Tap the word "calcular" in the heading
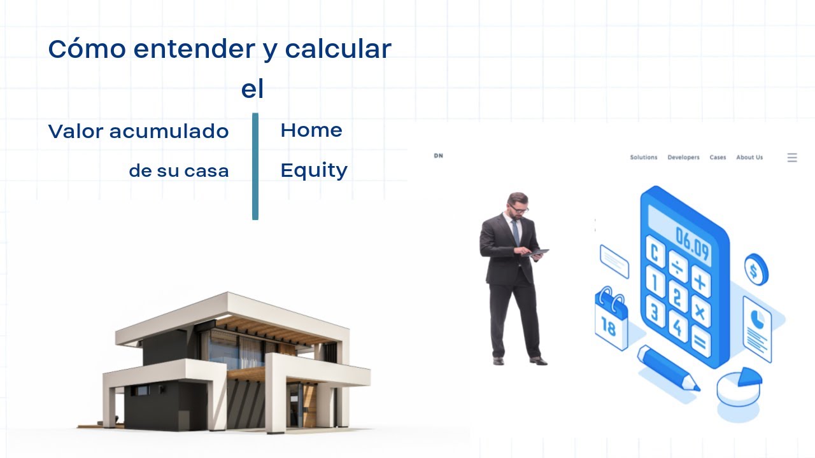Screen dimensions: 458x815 (337, 49)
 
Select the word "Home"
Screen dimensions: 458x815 (311, 130)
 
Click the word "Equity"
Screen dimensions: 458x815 (314, 170)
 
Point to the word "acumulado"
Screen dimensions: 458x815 (169, 132)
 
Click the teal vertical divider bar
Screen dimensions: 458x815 (255, 167)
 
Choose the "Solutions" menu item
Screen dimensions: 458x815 (643, 157)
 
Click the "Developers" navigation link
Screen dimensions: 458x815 (683, 157)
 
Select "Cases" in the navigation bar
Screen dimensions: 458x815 (718, 157)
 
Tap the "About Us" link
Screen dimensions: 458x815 (749, 157)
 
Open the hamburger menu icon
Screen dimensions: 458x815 (792, 158)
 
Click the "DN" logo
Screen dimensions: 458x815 (438, 156)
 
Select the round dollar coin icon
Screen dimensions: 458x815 (756, 270)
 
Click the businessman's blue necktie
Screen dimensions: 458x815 (515, 233)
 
